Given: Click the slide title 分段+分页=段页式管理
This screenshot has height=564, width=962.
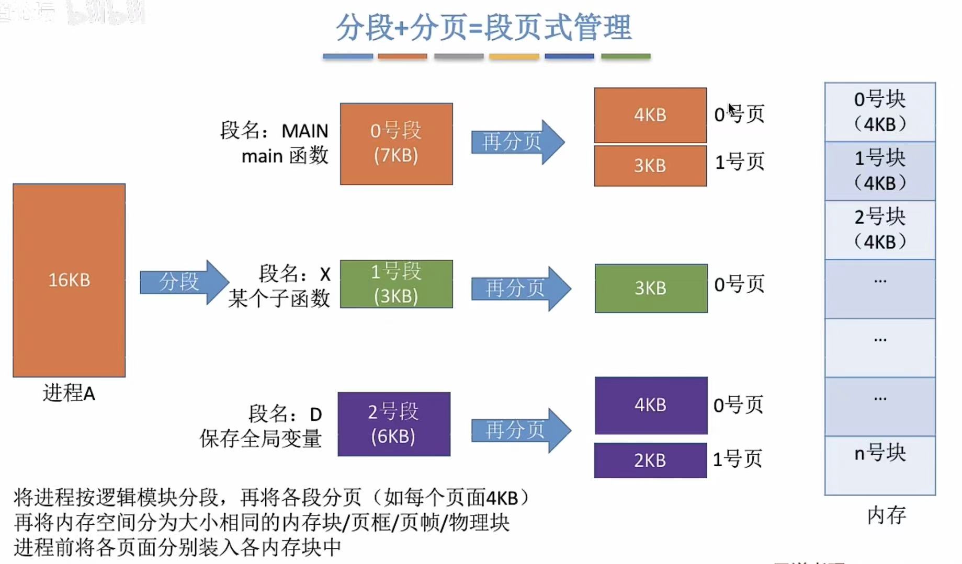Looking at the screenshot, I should [x=483, y=27].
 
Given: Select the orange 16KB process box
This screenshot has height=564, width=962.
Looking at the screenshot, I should [x=69, y=280].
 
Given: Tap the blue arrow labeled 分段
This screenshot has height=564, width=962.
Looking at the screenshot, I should [x=183, y=282].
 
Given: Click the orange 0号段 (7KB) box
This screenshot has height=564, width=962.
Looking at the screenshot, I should [x=396, y=143].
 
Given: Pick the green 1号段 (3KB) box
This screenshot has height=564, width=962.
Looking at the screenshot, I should [x=396, y=284].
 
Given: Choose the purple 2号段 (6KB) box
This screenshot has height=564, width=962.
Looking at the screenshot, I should [x=393, y=424].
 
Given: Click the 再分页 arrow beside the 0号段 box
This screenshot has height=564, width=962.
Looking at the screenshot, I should [x=516, y=142].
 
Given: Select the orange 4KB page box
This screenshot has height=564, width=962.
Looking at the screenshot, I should [x=650, y=115].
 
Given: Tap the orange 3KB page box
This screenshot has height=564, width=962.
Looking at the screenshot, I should [x=650, y=166].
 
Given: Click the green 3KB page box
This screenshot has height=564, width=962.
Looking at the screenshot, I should [x=651, y=288].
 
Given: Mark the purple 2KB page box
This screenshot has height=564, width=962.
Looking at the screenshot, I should [x=650, y=460].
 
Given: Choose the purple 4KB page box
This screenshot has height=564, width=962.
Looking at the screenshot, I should [x=651, y=405].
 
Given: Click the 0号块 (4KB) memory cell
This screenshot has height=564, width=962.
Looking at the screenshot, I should [x=879, y=111].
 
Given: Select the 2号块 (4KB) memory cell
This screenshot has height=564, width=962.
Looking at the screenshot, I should [x=879, y=229].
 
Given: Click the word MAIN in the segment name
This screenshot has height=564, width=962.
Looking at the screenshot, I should [x=304, y=131].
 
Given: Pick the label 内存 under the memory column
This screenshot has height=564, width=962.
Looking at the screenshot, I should [x=886, y=515].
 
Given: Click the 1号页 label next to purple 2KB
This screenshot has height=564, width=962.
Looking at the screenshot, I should [x=738, y=459].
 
